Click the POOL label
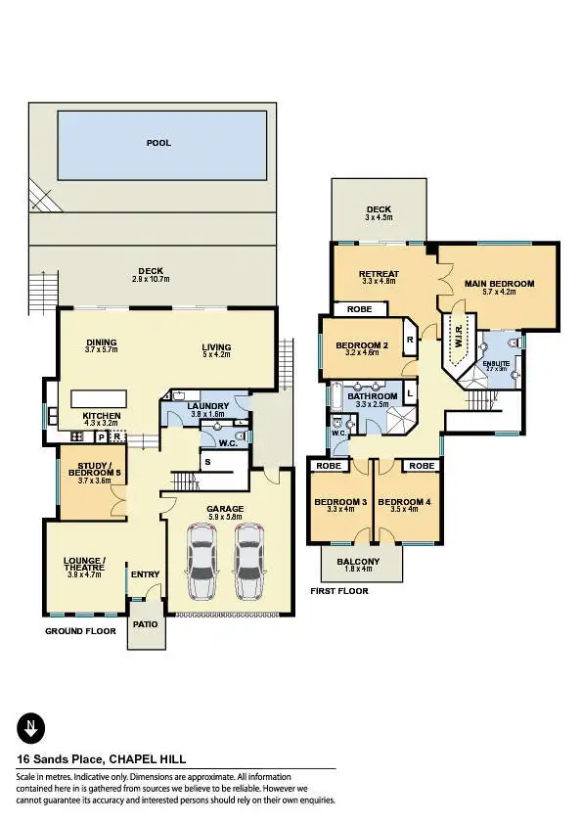tap(158, 143)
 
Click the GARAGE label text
tap(224, 509)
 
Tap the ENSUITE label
tap(496, 363)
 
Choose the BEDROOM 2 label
tap(363, 345)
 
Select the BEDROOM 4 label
tap(404, 503)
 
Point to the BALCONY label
tap(361, 562)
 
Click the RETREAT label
tap(377, 274)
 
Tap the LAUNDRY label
tap(210, 406)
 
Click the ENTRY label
tap(145, 575)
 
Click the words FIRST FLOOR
tap(338, 592)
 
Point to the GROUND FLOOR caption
tap(80, 631)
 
